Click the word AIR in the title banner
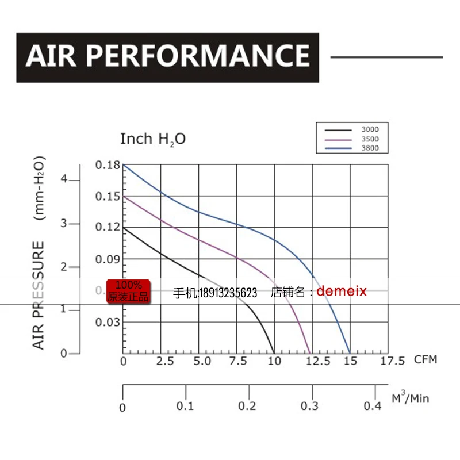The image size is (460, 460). (x=53, y=56)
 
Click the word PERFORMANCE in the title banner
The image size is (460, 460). (x=199, y=56)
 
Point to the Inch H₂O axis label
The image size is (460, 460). (x=153, y=139)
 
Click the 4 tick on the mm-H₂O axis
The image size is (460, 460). (x=64, y=179)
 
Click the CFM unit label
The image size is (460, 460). (x=425, y=360)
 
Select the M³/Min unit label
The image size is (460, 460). (x=411, y=398)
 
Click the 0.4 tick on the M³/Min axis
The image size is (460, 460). (x=373, y=407)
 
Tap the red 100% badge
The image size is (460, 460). (x=128, y=291)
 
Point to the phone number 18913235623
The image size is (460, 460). (x=228, y=293)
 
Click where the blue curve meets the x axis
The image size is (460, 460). (x=350, y=353)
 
